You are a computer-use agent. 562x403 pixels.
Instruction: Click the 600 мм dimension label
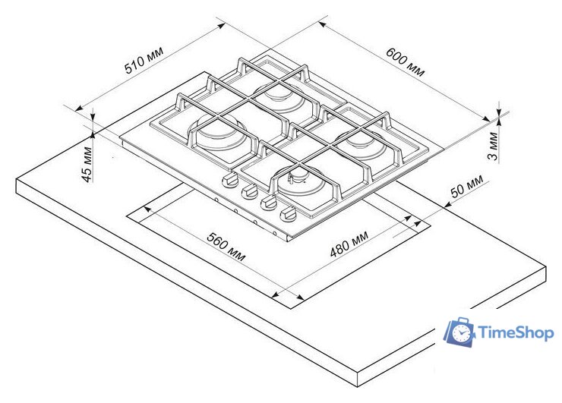[x=405, y=62]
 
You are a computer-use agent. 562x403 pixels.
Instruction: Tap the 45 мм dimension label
[x=87, y=165]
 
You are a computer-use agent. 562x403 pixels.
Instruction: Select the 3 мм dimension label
[x=493, y=146]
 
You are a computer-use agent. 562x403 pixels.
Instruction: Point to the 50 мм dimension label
[x=466, y=186]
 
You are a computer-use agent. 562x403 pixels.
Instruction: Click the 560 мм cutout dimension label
[x=226, y=247]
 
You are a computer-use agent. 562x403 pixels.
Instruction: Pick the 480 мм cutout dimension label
[x=349, y=244]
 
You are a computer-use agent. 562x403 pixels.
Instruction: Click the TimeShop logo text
[x=516, y=333]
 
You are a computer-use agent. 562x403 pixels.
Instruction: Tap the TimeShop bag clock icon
[x=460, y=332]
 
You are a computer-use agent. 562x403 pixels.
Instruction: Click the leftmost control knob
[x=230, y=179]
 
